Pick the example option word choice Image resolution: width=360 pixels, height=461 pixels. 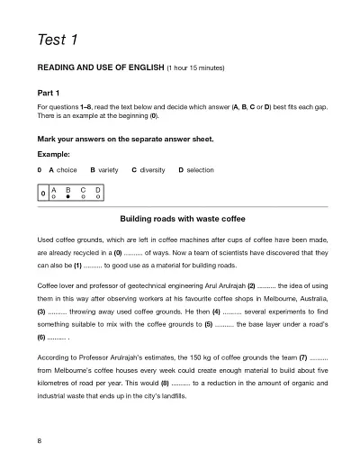coord(67,169)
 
